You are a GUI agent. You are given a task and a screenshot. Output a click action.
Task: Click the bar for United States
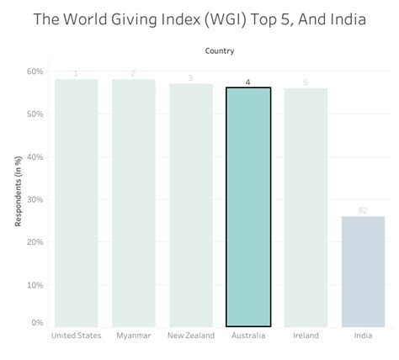pos(77,203)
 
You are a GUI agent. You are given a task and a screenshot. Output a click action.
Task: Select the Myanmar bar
pos(134,203)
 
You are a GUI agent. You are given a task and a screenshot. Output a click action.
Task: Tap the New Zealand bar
pos(191,204)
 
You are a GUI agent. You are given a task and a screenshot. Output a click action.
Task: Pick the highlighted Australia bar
pos(248,206)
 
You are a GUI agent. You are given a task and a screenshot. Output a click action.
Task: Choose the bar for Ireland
pos(306,207)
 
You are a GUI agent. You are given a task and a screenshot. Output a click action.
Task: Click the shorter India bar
pos(363,271)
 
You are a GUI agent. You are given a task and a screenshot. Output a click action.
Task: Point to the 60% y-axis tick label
pos(35,71)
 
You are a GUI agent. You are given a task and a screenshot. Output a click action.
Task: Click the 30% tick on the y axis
pos(35,199)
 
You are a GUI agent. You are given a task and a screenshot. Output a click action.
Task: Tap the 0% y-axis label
pos(37,323)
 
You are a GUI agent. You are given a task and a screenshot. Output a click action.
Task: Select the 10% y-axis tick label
pos(35,285)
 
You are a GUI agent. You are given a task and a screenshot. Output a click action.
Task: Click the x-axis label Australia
pos(248,336)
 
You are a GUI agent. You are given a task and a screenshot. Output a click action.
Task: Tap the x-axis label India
pos(363,336)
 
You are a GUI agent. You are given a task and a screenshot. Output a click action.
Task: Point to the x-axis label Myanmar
pos(134,336)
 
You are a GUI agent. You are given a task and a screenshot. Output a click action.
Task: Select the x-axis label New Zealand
pos(191,336)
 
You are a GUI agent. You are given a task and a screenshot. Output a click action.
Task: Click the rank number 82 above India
pos(363,210)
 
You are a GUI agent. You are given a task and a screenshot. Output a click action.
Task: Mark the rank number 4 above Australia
pos(248,82)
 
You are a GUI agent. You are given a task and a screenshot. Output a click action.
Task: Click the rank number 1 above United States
pos(77,74)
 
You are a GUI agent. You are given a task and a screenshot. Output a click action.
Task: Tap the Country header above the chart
pos(220,51)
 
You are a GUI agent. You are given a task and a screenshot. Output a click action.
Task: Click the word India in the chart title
pos(343,19)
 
